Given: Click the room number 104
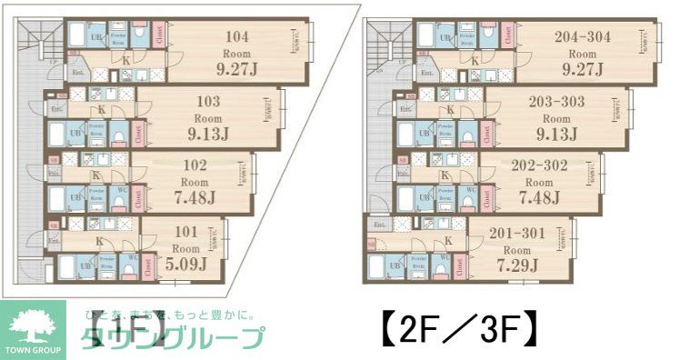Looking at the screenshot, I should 237,37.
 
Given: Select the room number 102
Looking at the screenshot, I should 195,165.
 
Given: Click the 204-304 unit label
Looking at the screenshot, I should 582,37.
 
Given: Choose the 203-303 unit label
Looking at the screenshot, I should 555,102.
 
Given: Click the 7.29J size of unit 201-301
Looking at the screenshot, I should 518,265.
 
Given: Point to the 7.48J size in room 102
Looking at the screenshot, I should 195,198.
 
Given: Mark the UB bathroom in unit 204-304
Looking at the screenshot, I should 445,38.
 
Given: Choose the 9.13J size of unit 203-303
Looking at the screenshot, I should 556,135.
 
